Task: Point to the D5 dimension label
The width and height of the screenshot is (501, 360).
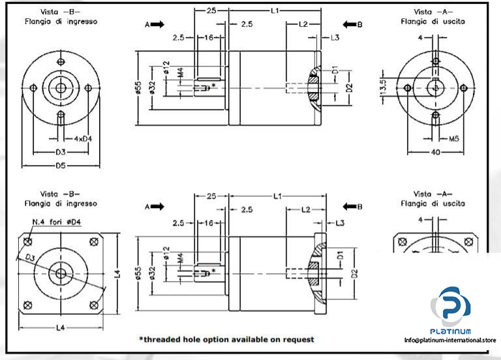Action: (60, 165)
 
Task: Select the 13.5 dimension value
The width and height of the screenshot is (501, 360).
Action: (384, 87)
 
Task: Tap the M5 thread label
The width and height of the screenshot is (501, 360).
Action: (453, 138)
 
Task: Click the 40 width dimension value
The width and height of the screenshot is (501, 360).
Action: (434, 152)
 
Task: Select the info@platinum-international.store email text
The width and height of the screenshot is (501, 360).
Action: (450, 340)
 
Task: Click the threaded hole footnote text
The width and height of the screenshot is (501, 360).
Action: (226, 339)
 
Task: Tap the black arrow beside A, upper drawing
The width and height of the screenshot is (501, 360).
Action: (158, 25)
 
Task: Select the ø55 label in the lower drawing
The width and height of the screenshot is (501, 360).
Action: (138, 273)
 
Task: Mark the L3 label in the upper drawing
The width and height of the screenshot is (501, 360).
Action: (335, 38)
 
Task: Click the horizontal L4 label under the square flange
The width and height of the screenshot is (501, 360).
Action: (60, 326)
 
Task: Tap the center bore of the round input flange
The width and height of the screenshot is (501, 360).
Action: (60, 88)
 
